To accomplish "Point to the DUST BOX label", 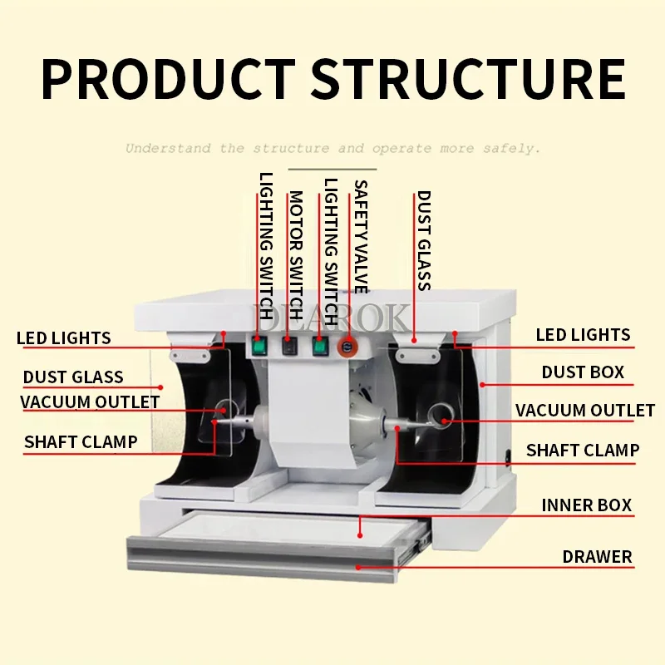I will point(583,372).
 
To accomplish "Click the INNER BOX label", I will point(586,505).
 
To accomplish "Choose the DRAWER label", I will point(597,556).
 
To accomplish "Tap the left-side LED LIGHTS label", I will point(63,338).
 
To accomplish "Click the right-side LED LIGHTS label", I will point(583,335).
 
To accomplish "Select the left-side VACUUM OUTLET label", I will point(90,402).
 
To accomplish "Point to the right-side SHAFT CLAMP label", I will point(583,451).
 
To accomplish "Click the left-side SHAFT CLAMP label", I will point(81,441).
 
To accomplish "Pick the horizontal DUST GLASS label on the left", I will point(73,377).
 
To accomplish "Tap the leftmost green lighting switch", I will point(260,344).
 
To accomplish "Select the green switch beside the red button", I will point(318,345).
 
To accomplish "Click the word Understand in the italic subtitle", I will point(167,149).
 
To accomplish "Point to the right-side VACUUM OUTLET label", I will point(584,411).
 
